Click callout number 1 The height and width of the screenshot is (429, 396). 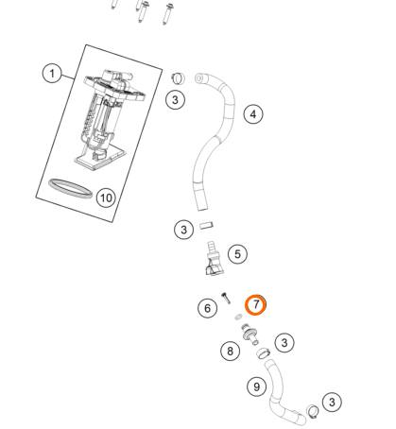coord(52,74)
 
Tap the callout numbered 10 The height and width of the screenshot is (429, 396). coord(106,197)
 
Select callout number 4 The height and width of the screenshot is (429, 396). coord(253,114)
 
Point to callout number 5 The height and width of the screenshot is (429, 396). coord(237,254)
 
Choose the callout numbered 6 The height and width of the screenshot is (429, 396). coord(207,308)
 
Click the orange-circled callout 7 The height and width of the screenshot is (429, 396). coord(255,305)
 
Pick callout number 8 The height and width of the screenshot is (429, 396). coord(231,351)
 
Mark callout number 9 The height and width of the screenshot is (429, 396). coord(257,386)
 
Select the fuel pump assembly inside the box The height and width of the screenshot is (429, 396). coord(111,120)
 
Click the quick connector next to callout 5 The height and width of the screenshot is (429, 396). coord(215,258)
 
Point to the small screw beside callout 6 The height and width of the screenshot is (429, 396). coord(226,298)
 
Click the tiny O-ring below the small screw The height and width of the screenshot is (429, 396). coord(238,317)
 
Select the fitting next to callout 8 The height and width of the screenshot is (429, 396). coord(250,335)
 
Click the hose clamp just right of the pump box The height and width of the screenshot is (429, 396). coord(179,78)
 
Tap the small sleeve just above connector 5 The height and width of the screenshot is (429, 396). coord(206,226)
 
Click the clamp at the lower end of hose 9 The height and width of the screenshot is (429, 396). coord(313,411)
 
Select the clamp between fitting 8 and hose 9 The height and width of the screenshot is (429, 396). coord(264,352)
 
